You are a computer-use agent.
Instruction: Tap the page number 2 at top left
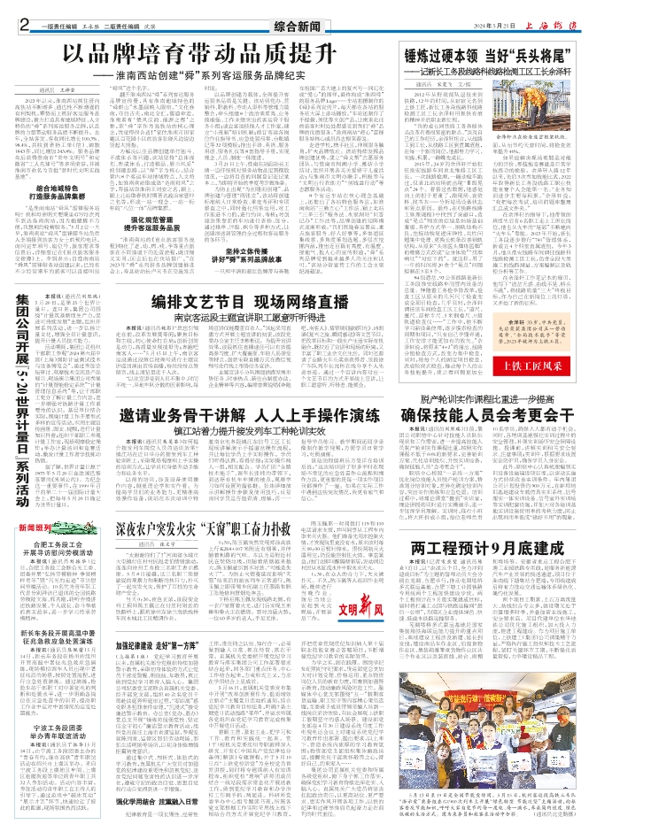(x=24, y=10)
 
